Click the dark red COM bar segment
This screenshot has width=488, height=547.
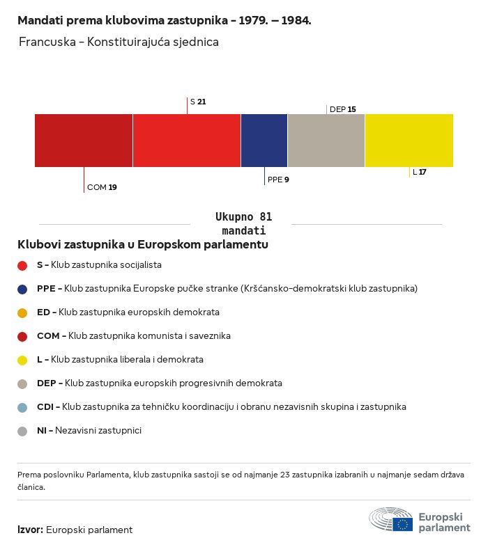(x=84, y=141)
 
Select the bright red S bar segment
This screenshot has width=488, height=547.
(x=187, y=141)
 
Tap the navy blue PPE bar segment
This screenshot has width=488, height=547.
(x=264, y=141)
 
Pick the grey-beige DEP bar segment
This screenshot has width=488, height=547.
(x=326, y=141)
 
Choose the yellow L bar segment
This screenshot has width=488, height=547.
(x=409, y=141)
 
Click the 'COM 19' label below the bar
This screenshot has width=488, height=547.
(x=102, y=187)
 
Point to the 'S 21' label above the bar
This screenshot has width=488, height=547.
(x=198, y=102)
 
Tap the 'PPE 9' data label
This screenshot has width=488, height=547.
(x=278, y=180)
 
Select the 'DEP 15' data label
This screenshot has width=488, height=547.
(x=343, y=109)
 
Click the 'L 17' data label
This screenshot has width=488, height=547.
(x=420, y=172)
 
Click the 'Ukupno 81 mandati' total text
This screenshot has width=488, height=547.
(x=243, y=223)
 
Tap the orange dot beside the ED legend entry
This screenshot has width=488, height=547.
(x=22, y=313)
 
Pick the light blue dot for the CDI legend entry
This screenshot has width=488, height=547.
(x=22, y=407)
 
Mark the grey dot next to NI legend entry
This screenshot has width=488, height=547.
(x=22, y=431)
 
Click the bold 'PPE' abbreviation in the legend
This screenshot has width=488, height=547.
(x=46, y=289)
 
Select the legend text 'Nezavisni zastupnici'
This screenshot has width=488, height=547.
(x=98, y=431)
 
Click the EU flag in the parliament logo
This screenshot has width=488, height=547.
(x=402, y=524)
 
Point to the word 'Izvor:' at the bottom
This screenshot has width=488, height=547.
(x=31, y=530)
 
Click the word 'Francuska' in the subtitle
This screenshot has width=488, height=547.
(x=47, y=42)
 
